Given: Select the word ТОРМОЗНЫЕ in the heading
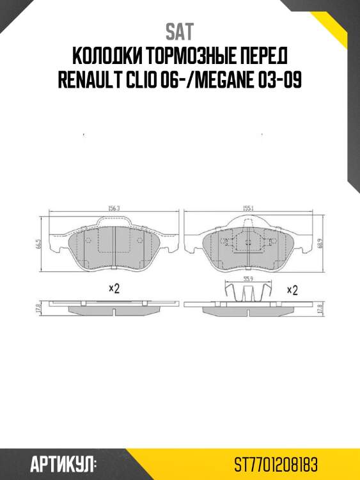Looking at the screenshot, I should (192, 56).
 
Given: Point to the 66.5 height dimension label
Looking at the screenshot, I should (39, 246).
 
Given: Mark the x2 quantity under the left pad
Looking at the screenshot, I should (114, 289).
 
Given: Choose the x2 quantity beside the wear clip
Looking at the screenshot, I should (292, 290).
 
